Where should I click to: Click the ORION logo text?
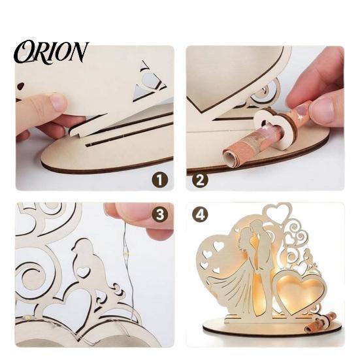coord(52,52)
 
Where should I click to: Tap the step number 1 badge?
coord(159,180)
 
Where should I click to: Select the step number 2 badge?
coord(200,180)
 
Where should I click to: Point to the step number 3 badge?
coord(160,215)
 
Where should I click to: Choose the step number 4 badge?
coord(200,215)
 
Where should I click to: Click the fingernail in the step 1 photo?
coord(59,103)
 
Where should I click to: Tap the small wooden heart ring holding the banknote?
coord(276,129)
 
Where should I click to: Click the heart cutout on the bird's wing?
coord(83,271)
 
